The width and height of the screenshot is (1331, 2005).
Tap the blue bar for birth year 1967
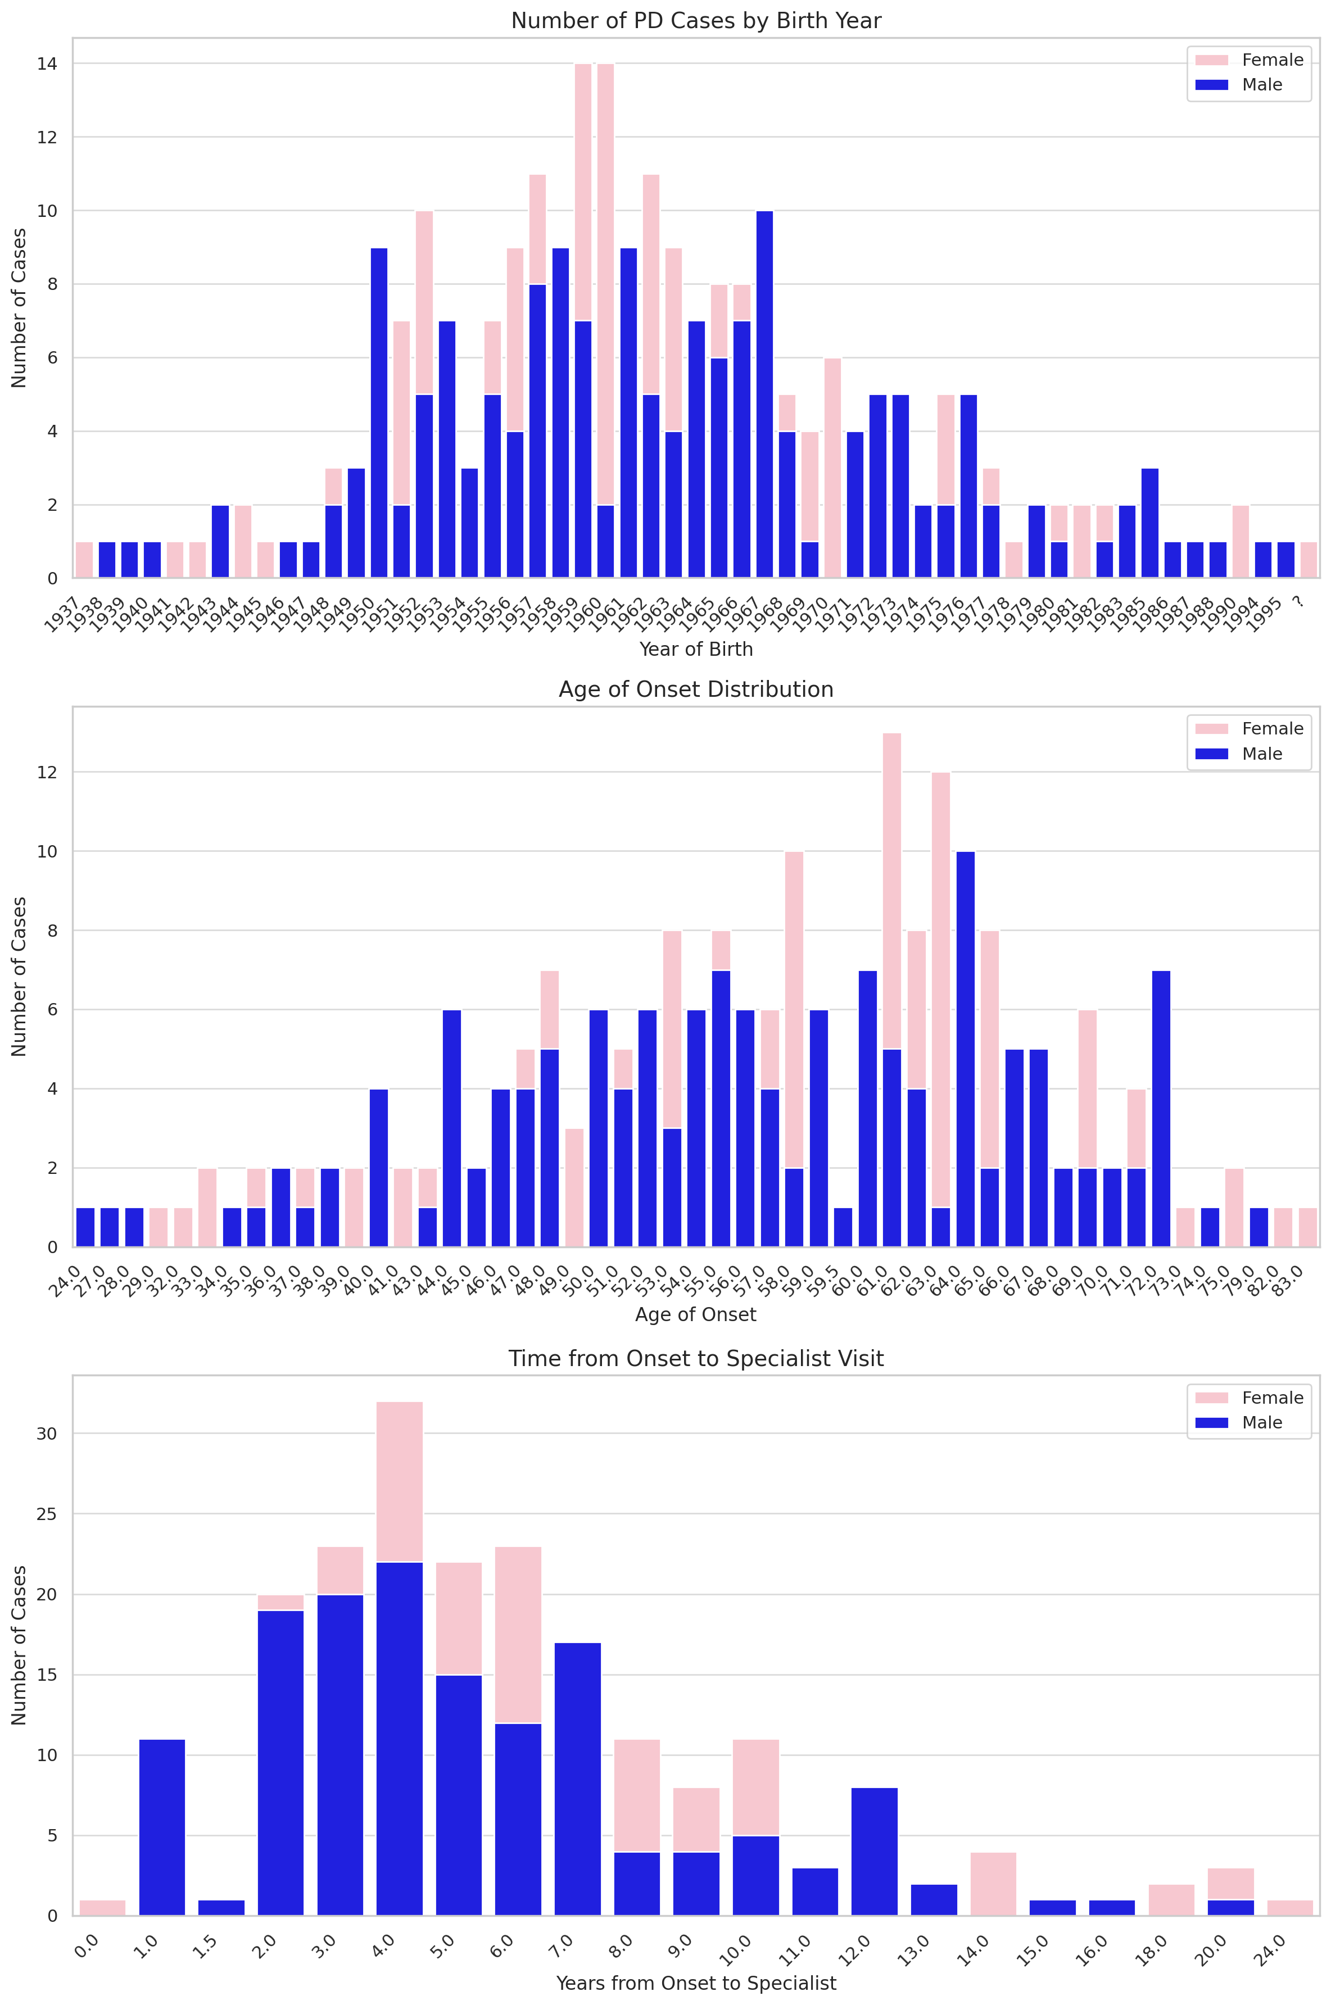[x=764, y=394]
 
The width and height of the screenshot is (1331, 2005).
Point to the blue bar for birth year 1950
[x=379, y=413]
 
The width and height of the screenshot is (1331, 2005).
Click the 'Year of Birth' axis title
[x=696, y=649]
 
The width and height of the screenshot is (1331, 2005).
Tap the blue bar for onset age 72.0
[x=1161, y=1108]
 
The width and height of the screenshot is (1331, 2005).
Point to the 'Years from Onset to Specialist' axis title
[x=696, y=1983]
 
